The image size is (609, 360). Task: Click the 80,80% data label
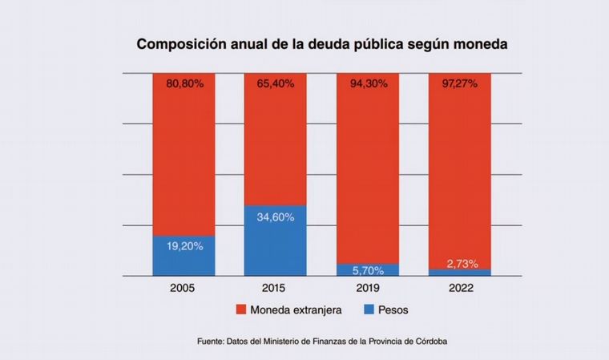point(184,83)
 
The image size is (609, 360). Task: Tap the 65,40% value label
point(275,83)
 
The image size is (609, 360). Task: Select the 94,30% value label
point(367,83)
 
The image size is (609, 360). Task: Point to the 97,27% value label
point(459,83)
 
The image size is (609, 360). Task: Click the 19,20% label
point(184,249)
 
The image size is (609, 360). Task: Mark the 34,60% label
point(275,217)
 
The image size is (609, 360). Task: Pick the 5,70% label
point(367,270)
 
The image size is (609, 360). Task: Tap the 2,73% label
point(459,264)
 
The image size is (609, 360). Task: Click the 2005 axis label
point(184,288)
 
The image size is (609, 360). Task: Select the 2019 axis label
point(367,288)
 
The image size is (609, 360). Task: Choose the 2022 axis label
point(459,288)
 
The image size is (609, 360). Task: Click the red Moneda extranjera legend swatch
point(240,309)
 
